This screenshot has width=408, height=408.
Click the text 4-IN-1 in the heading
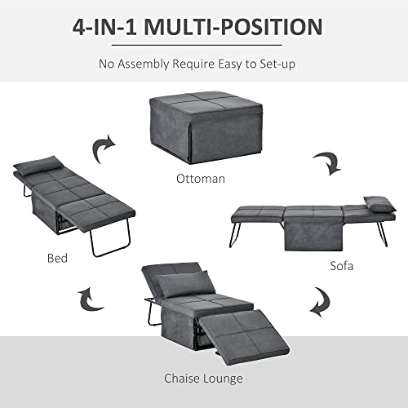coord(106,28)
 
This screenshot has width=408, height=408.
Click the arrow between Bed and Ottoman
coord(103,150)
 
